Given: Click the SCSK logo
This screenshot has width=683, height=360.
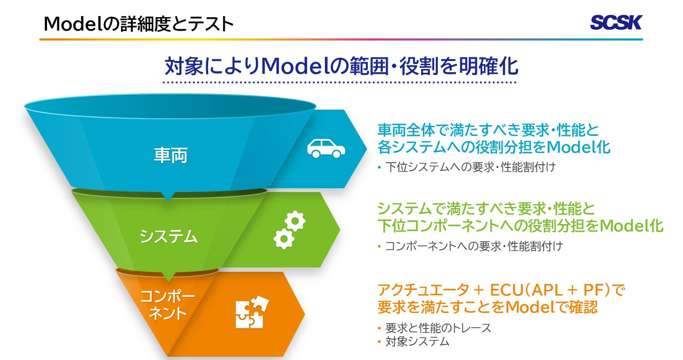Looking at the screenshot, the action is [616, 22].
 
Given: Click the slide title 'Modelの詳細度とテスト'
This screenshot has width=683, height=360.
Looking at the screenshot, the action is [139, 24].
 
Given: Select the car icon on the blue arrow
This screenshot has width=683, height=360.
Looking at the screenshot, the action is [326, 149].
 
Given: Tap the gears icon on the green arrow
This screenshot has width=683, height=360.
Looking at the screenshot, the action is [290, 230].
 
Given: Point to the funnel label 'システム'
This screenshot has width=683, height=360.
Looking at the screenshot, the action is [169, 236].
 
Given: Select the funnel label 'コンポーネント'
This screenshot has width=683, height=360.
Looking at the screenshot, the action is [168, 304].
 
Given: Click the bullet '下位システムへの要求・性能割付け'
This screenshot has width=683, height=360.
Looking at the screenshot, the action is [470, 167].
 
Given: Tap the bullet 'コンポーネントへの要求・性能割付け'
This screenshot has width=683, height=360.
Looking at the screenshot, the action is [474, 246].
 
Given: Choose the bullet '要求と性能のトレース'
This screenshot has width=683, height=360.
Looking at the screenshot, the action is [438, 328].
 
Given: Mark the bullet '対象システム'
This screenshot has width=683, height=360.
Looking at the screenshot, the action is [417, 341].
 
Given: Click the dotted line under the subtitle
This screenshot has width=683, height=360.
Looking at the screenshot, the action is [339, 82].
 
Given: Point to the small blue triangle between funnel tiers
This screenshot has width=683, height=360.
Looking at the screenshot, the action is [168, 196].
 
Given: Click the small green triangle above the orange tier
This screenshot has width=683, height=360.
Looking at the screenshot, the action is [168, 276].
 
